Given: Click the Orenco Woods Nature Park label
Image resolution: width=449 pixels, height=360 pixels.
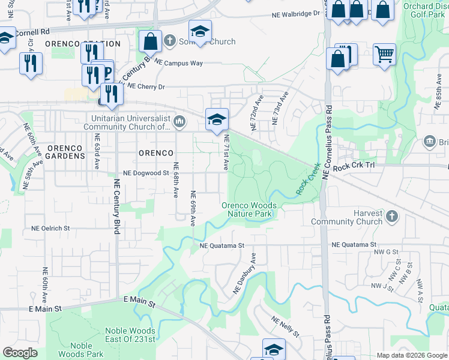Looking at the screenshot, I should [x=249, y=209].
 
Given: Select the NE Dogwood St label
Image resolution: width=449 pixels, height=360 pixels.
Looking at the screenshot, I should [x=146, y=173].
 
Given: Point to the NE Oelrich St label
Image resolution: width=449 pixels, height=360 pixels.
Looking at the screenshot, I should [x=50, y=229].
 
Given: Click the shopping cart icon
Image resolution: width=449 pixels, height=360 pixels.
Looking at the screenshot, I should [x=384, y=55].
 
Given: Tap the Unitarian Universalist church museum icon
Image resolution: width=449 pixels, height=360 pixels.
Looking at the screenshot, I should [x=179, y=123].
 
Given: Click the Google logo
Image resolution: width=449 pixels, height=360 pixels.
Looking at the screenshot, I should [x=20, y=352].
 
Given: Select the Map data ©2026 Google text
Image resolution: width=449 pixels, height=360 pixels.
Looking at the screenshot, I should [x=411, y=355].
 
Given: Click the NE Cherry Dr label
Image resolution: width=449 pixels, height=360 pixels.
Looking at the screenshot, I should [x=142, y=86].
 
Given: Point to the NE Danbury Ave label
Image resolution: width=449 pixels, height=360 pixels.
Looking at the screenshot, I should [x=246, y=273].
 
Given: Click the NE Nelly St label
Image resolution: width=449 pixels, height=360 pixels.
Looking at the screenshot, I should [x=285, y=326].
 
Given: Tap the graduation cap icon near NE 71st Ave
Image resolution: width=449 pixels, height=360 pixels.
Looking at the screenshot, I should [x=217, y=119].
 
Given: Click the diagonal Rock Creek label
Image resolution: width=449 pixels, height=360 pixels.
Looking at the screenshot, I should [x=306, y=179].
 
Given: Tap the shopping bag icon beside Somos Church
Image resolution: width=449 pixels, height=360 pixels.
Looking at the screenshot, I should [x=150, y=41].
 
